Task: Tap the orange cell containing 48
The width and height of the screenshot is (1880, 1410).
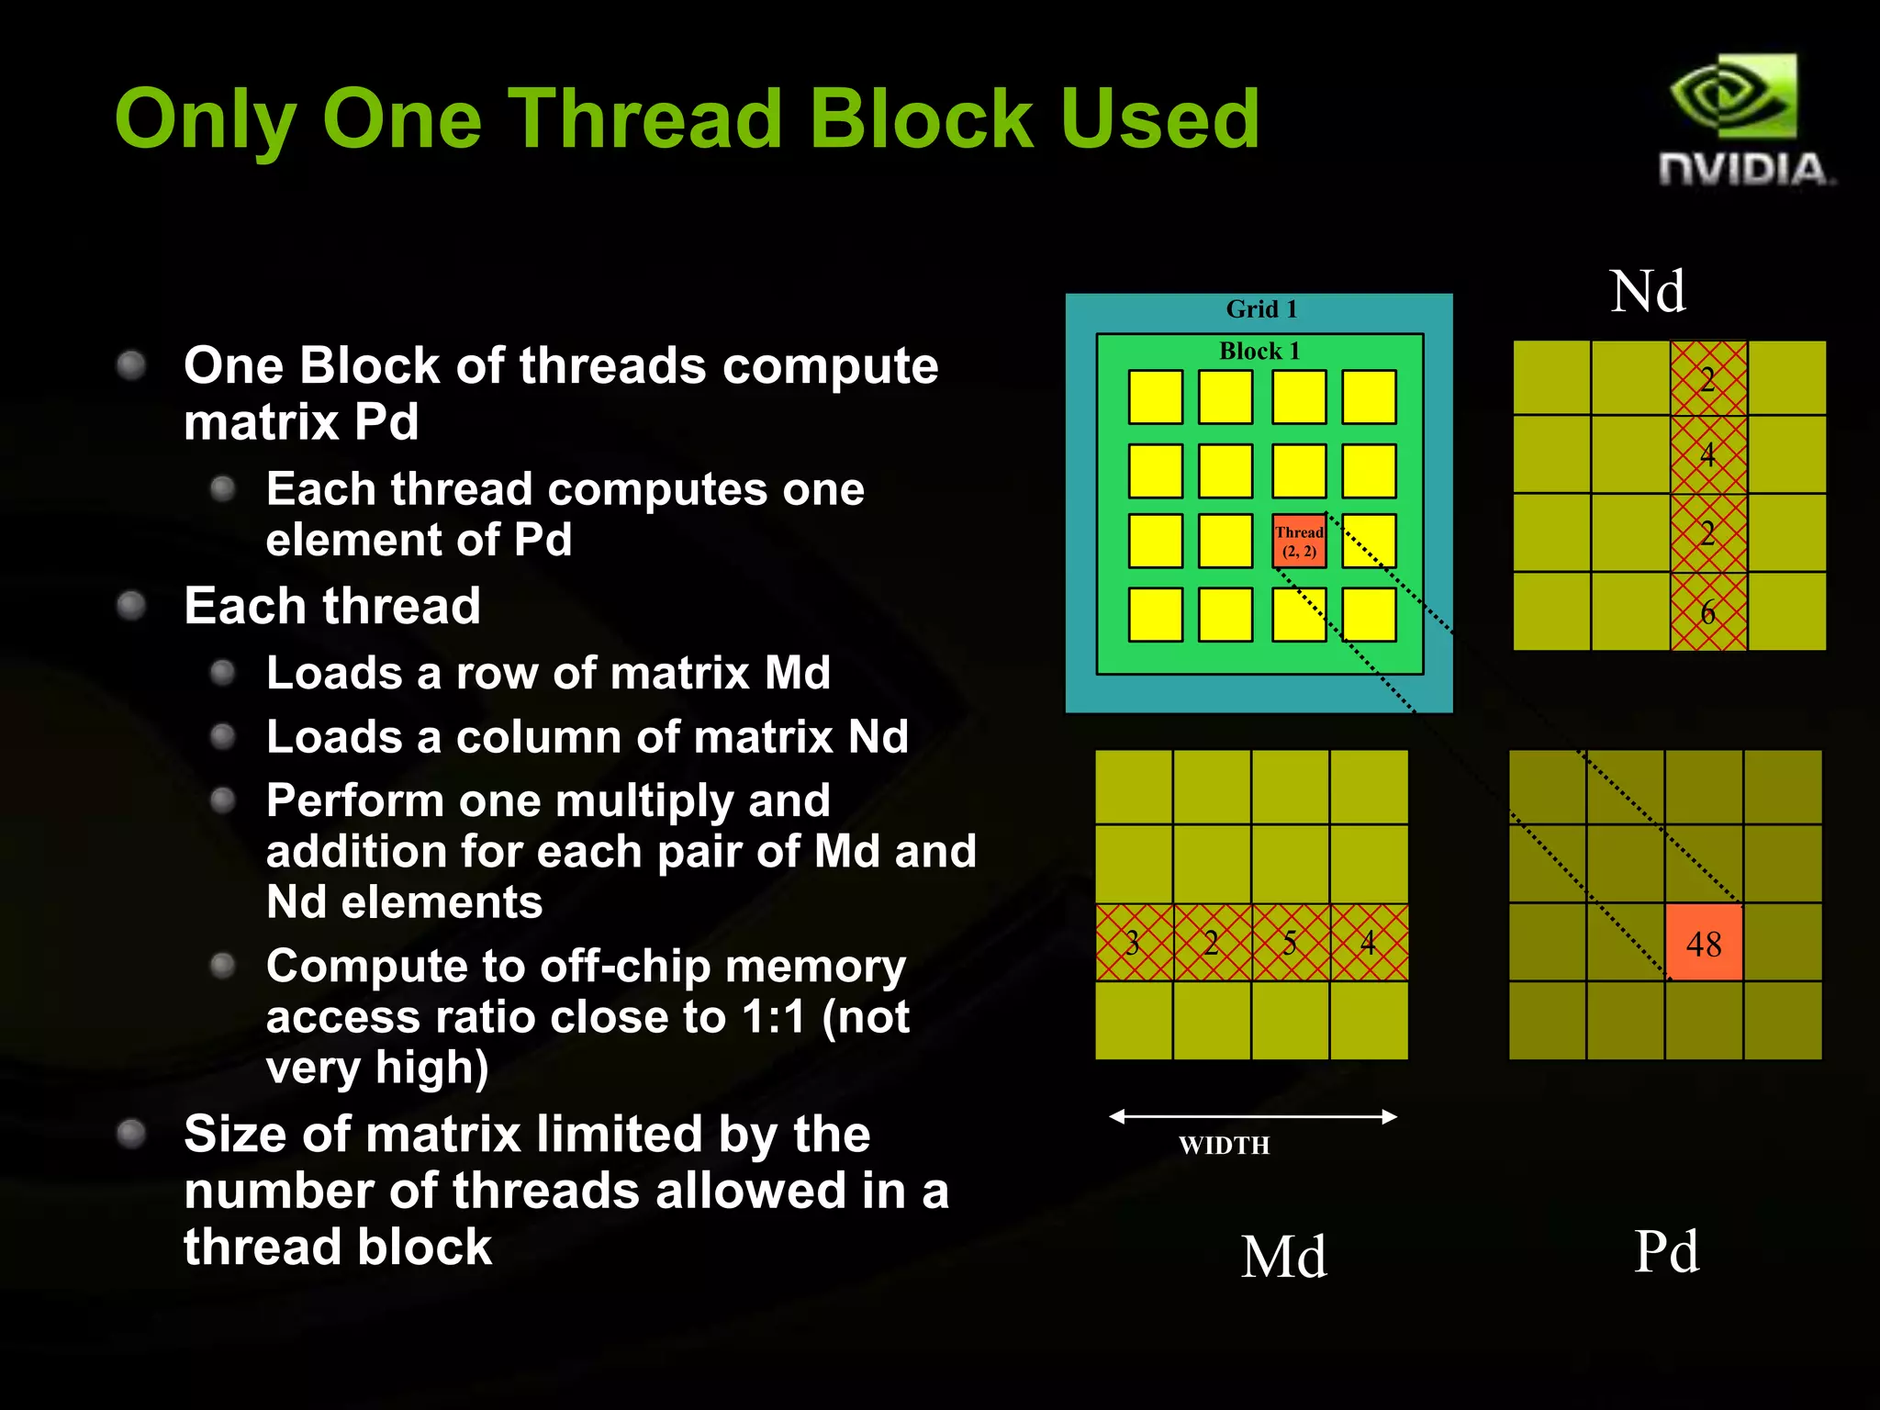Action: (x=1704, y=943)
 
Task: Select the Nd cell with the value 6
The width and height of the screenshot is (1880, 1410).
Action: (x=1708, y=611)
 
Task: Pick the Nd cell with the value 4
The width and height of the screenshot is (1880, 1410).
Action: (x=1708, y=454)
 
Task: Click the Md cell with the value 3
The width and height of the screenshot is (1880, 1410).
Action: (x=1134, y=943)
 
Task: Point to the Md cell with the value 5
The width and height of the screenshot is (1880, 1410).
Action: (x=1290, y=943)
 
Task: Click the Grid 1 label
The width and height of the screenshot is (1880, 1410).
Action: (x=1261, y=309)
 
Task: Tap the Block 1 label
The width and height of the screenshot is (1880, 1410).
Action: (x=1259, y=351)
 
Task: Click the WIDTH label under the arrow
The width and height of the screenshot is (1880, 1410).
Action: (x=1224, y=1146)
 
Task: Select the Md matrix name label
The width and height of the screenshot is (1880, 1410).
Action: (x=1283, y=1256)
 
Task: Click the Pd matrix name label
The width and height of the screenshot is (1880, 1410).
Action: (x=1666, y=1250)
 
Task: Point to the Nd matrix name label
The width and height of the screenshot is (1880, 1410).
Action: (x=1648, y=291)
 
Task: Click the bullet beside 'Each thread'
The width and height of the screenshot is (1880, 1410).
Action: (x=132, y=606)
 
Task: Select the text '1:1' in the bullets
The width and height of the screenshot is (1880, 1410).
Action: (x=773, y=1016)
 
